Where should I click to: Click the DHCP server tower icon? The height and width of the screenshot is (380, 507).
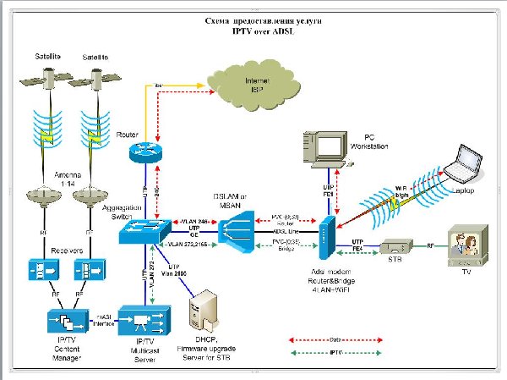point(207,313)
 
